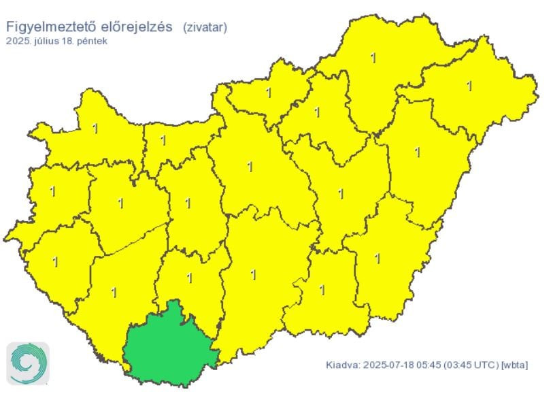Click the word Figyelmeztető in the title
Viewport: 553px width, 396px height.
(45, 27)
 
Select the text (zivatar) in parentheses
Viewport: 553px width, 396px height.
(205, 27)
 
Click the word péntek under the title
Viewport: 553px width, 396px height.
(92, 41)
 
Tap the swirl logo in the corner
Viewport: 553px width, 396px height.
(28, 364)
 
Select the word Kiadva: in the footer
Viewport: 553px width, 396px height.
(341, 365)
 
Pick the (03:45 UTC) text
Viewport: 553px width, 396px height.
(470, 365)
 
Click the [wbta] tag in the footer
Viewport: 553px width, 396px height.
(515, 365)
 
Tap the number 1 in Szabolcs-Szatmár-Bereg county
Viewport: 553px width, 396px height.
(469, 86)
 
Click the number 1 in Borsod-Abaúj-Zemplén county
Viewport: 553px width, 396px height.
(373, 58)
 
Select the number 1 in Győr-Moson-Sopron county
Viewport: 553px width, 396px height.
(95, 127)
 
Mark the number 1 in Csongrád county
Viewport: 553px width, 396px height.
(322, 290)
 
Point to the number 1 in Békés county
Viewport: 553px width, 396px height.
(378, 258)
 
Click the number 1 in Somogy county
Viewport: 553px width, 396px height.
(114, 293)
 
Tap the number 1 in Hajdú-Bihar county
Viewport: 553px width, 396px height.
(418, 152)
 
